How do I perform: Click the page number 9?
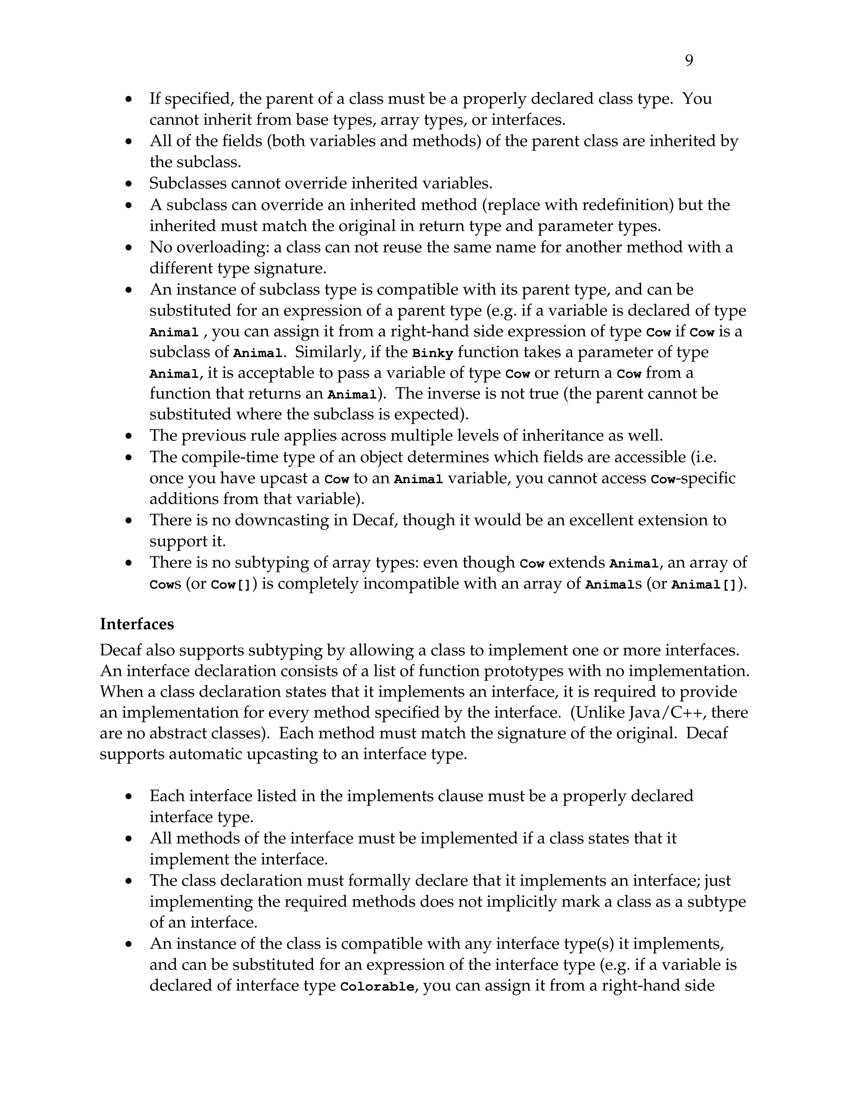pyautogui.click(x=689, y=61)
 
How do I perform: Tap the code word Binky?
pyautogui.click(x=432, y=353)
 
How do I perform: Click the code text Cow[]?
pyautogui.click(x=230, y=585)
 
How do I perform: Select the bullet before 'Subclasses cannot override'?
pyautogui.click(x=129, y=184)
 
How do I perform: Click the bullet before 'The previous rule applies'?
pyautogui.click(x=129, y=436)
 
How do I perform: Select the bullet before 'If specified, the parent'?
pyautogui.click(x=129, y=99)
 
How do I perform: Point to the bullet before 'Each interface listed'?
pyautogui.click(x=129, y=797)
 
